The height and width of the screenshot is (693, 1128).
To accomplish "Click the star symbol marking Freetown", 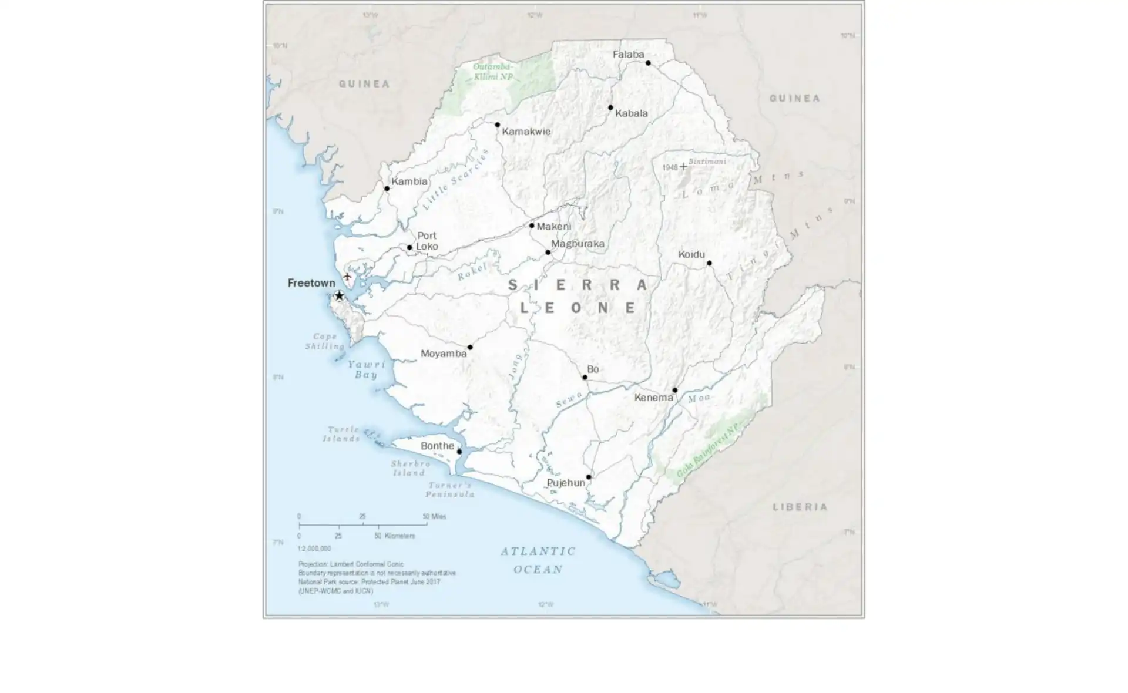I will (339, 295).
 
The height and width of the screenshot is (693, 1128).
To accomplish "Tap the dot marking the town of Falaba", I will (648, 63).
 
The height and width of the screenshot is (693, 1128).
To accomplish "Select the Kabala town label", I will (631, 113).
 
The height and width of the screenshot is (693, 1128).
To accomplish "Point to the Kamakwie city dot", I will (497, 125).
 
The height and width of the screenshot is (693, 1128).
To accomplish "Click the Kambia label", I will (409, 181).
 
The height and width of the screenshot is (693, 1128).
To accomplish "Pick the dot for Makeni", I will (532, 226).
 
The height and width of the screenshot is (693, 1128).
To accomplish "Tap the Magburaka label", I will (578, 243).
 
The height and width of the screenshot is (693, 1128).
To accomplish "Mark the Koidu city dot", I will (709, 263).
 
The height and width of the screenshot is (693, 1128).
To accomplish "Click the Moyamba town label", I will (444, 354).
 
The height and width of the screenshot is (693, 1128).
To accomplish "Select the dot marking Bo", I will (585, 377).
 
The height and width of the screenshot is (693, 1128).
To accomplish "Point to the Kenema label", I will (653, 398).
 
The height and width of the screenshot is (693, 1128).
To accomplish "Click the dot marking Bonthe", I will (459, 452).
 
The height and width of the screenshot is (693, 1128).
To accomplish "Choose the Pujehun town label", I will (566, 483).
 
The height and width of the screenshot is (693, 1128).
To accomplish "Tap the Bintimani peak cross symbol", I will (683, 167).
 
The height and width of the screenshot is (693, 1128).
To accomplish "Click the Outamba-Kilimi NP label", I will (493, 72).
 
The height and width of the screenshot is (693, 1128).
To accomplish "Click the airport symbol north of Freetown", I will (347, 276).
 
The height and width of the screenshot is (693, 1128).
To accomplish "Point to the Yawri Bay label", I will (367, 369).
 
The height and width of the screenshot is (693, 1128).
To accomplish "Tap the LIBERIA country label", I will (800, 507).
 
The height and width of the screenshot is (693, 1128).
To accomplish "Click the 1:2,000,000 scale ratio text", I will (314, 549).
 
